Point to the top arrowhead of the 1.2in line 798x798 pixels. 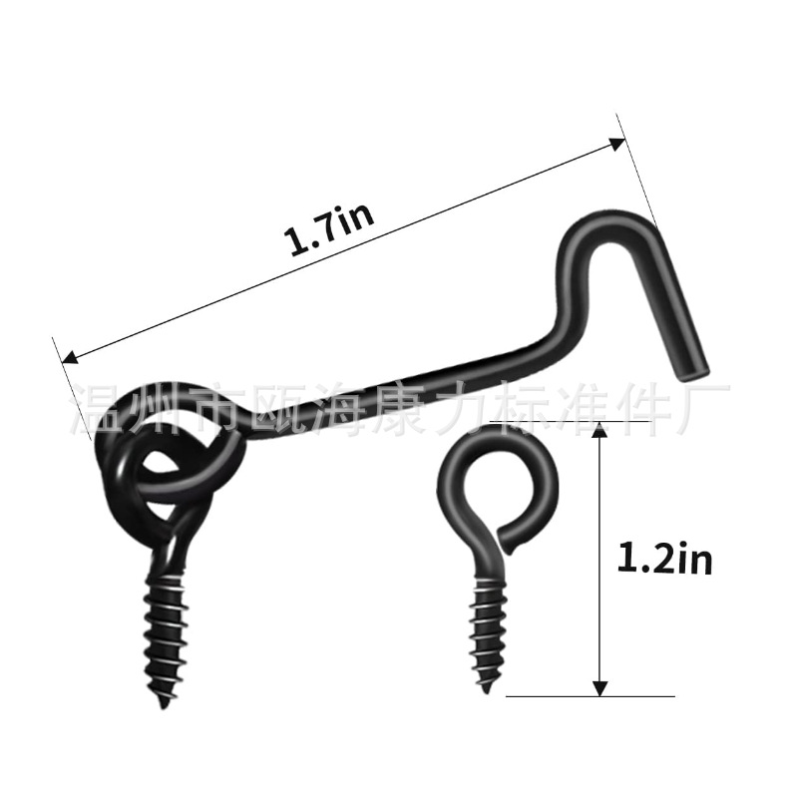click(598, 429)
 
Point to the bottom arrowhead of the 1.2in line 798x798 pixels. click(598, 687)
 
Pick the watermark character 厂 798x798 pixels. click(706, 401)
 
